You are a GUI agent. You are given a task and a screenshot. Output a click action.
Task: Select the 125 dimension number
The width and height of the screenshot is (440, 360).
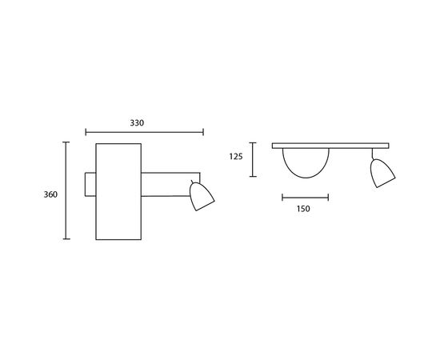tap(235, 158)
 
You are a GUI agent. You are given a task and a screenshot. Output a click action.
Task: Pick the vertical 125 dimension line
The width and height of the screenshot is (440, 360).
tap(252, 159)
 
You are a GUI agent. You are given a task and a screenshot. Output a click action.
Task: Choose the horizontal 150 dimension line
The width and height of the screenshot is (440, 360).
tap(305, 196)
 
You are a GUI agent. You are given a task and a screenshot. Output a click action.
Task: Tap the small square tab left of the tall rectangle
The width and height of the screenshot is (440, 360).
tap(90, 182)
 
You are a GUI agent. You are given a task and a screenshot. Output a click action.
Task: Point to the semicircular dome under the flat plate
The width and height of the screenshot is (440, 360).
tap(305, 164)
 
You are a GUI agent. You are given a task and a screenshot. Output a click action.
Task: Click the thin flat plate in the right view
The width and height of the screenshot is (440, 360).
tap(330, 146)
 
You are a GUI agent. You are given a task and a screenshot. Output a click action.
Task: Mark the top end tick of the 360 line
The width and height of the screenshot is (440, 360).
tap(66, 142)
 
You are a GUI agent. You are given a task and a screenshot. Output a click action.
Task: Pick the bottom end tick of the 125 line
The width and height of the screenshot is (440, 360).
tap(252, 176)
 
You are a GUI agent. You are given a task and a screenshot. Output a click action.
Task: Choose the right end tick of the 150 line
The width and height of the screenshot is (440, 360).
tap(327, 196)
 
